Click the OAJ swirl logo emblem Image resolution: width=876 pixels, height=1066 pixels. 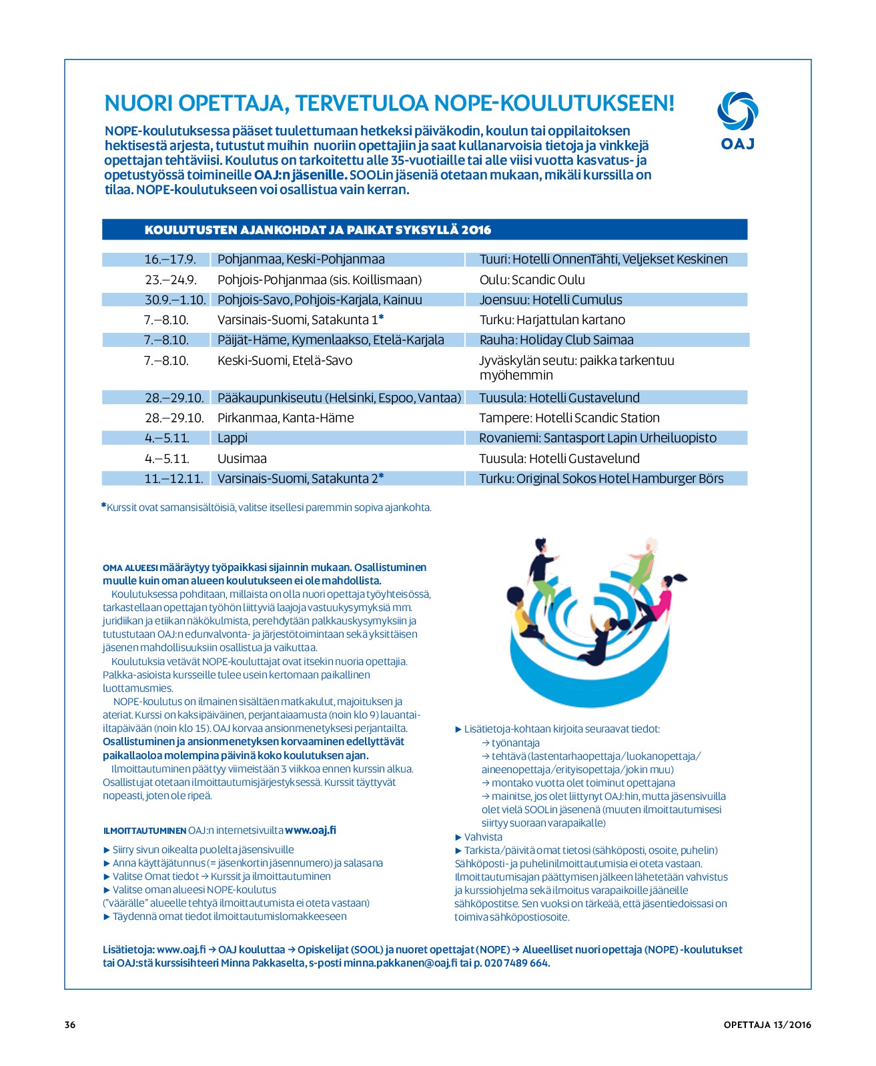[x=737, y=111]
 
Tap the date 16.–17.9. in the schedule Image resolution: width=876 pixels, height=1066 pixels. [x=170, y=259]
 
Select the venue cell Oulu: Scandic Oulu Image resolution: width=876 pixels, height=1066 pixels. [x=532, y=280]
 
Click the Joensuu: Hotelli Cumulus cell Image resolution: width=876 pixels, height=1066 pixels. [x=550, y=300]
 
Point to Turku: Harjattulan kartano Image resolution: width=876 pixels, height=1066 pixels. [x=552, y=320]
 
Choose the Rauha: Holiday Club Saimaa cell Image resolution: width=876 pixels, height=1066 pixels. [x=556, y=340]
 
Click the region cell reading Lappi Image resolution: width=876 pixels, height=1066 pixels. [x=232, y=438]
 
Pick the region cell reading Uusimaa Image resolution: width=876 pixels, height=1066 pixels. [x=242, y=458]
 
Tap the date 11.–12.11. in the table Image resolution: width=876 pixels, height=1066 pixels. [x=173, y=478]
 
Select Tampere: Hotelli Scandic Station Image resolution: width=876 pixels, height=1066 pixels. [x=569, y=418]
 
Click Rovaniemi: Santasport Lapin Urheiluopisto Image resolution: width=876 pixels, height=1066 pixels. [x=597, y=438]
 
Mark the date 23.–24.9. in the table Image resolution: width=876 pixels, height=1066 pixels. [x=170, y=280]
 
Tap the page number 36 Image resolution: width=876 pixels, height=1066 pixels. [x=70, y=1025]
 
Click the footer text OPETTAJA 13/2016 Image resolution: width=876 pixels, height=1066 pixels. [x=767, y=1025]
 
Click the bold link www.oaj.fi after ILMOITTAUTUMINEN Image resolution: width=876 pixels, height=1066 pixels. [x=310, y=831]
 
